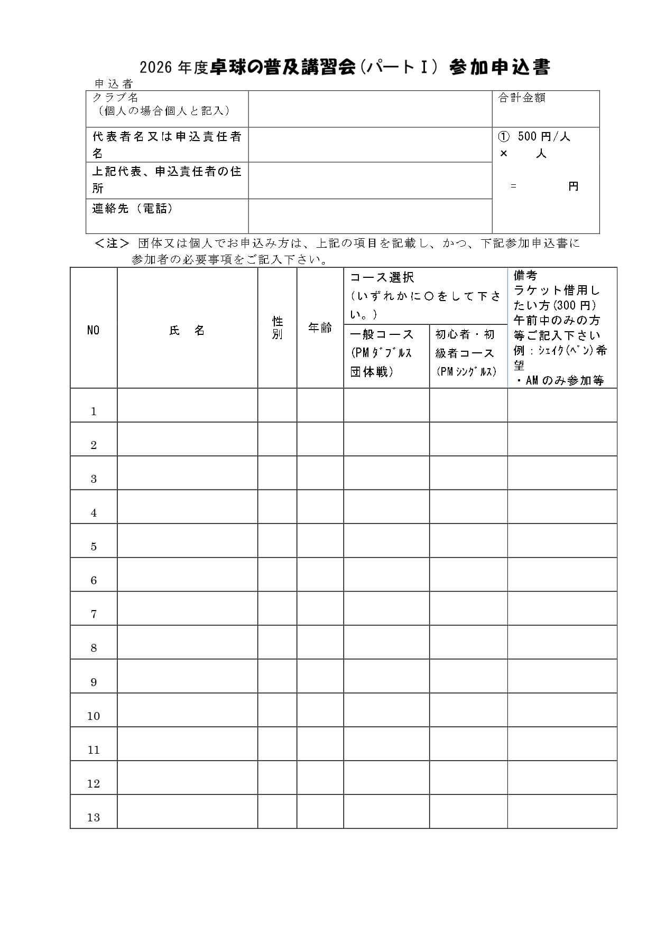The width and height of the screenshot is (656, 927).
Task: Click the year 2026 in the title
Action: click(156, 68)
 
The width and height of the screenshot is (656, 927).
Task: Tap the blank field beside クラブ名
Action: click(370, 109)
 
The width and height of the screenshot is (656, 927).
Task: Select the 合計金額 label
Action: click(522, 98)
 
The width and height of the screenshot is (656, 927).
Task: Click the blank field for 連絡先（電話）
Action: click(370, 216)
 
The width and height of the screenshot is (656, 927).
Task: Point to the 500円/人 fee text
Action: click(543, 137)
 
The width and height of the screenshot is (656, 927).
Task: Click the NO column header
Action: click(94, 331)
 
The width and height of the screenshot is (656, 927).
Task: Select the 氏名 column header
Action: click(187, 331)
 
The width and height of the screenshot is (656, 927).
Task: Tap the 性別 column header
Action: click(278, 328)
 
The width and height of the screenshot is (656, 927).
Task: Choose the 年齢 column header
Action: click(320, 328)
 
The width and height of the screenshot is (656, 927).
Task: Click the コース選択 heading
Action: click(382, 277)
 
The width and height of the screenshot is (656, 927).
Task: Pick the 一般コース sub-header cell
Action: click(386, 353)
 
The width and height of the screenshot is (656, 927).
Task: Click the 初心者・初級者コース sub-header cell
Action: click(468, 353)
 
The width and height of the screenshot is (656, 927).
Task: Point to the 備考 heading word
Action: click(525, 275)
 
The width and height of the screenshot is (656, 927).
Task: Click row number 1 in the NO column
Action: click(94, 411)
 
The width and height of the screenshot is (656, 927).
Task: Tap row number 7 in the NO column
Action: click(94, 614)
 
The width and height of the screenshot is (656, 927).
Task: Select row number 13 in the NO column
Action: click(94, 817)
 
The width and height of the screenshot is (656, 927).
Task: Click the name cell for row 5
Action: click(187, 540)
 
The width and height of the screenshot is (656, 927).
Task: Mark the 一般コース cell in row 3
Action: click(386, 473)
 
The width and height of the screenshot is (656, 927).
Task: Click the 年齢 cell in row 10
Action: click(320, 710)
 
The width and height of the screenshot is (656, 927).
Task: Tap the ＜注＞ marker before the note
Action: click(112, 244)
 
